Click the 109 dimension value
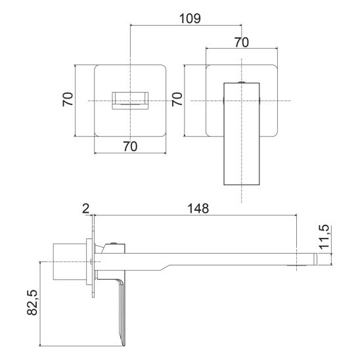(190, 18)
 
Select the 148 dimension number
(198, 208)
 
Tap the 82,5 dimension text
(32, 302)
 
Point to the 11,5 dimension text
(324, 236)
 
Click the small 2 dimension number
(85, 208)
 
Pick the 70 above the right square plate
(242, 43)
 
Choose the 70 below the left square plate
(130, 146)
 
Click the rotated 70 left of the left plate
(68, 99)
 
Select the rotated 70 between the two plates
(177, 99)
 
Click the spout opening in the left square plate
(130, 101)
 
